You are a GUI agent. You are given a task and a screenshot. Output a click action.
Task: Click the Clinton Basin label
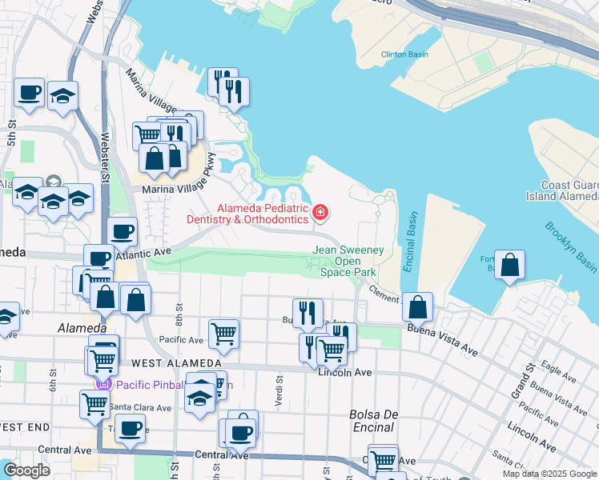pos(404,54)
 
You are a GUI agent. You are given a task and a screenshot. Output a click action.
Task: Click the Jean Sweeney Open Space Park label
pos(348,261)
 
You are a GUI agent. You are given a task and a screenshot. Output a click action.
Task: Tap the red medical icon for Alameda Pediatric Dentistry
pos(320,212)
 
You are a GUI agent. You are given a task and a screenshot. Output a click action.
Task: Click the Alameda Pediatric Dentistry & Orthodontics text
pos(247,213)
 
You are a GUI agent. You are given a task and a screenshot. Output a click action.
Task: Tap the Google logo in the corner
pos(26,470)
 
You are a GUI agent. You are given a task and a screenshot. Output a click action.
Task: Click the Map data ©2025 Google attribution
pos(550,474)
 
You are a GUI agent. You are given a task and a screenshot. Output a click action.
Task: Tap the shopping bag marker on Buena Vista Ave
pos(417,306)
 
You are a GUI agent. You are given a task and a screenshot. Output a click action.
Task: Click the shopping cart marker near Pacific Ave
pos(223,334)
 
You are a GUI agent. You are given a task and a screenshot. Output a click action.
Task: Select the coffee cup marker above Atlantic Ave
pos(122,232)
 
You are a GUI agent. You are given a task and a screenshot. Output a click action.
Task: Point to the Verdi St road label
pos(279,391)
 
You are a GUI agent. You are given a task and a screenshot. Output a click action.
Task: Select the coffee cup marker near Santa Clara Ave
pos(130,428)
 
